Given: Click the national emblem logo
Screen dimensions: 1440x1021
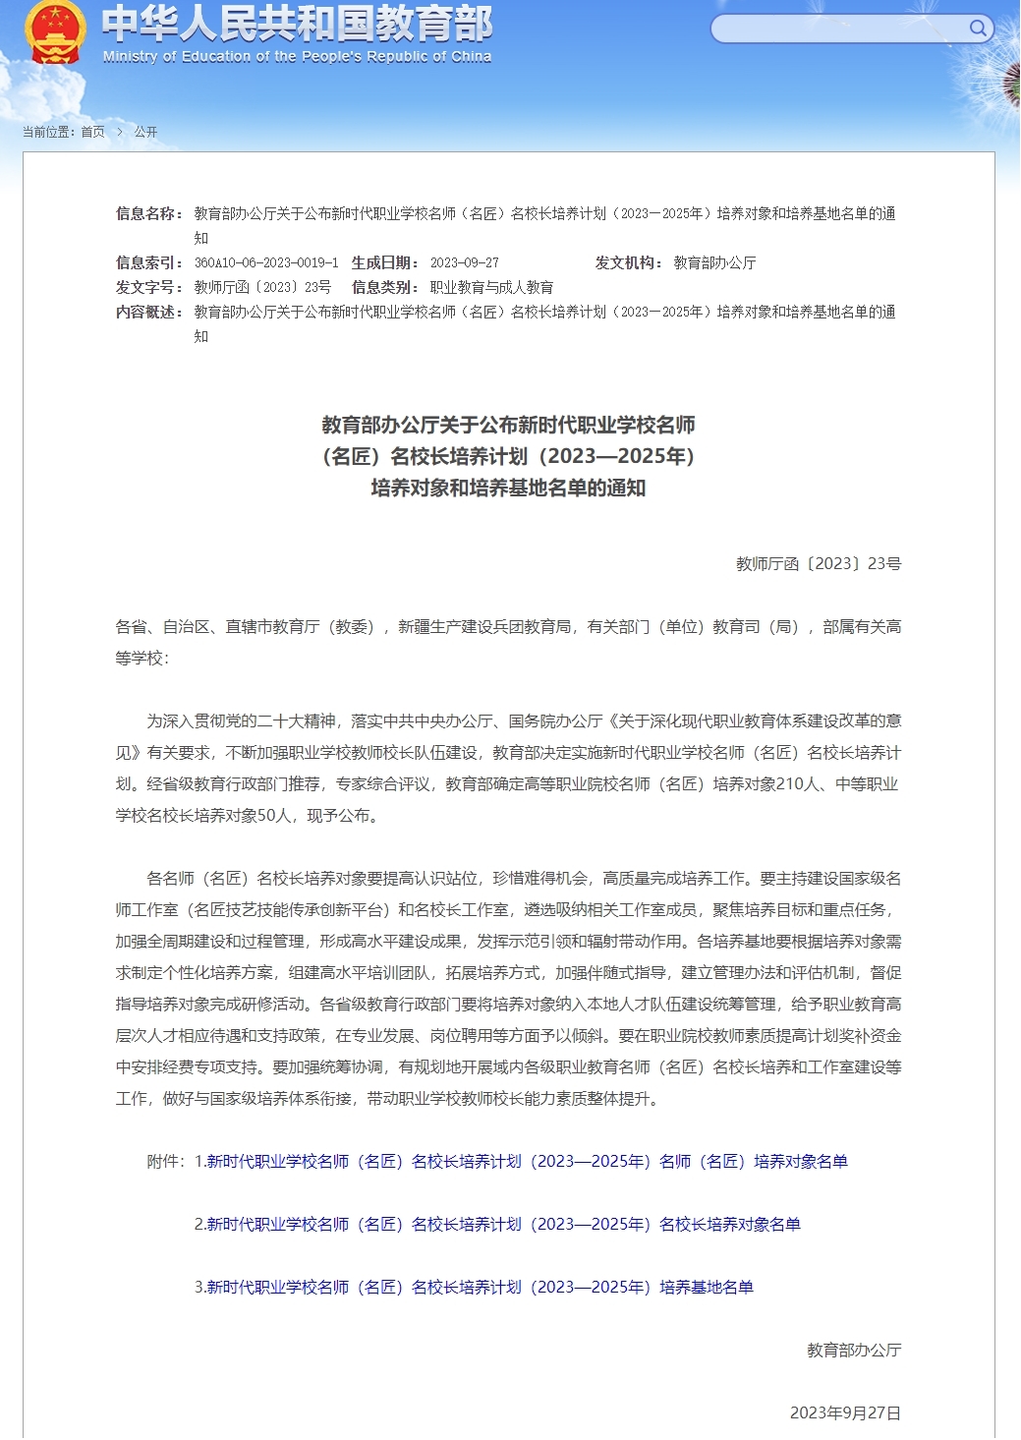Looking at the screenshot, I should click(x=54, y=32).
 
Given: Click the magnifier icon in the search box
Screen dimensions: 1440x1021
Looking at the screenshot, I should click(x=977, y=29).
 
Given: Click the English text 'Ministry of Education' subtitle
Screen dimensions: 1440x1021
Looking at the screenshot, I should click(x=297, y=57).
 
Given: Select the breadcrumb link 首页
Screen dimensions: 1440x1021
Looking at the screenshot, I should click(x=92, y=132).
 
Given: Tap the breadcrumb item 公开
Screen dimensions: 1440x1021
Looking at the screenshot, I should click(x=145, y=132).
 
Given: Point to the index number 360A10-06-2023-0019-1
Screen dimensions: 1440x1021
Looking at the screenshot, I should click(x=265, y=263).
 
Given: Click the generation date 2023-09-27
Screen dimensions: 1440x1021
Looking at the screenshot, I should click(x=464, y=263).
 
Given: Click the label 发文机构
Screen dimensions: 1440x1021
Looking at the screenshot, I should click(x=627, y=262).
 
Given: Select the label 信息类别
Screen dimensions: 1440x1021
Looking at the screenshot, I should click(x=384, y=287).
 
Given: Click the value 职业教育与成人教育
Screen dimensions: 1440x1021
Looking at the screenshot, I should click(x=491, y=288).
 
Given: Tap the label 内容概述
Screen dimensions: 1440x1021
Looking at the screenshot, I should click(x=148, y=312).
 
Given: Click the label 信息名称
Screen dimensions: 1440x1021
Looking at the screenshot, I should click(x=148, y=213).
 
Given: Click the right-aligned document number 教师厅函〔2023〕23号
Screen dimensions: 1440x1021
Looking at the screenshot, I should click(x=818, y=564).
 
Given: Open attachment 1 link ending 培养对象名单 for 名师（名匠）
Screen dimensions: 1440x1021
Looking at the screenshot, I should click(x=527, y=1162).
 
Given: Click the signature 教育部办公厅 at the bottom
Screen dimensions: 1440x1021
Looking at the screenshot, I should click(x=853, y=1351).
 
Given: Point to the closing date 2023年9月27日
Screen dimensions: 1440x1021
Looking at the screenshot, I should click(x=845, y=1413).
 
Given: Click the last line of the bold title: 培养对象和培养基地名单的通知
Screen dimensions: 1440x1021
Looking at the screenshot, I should click(x=508, y=489).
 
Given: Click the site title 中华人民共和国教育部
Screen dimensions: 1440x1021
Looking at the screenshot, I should click(x=297, y=24).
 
